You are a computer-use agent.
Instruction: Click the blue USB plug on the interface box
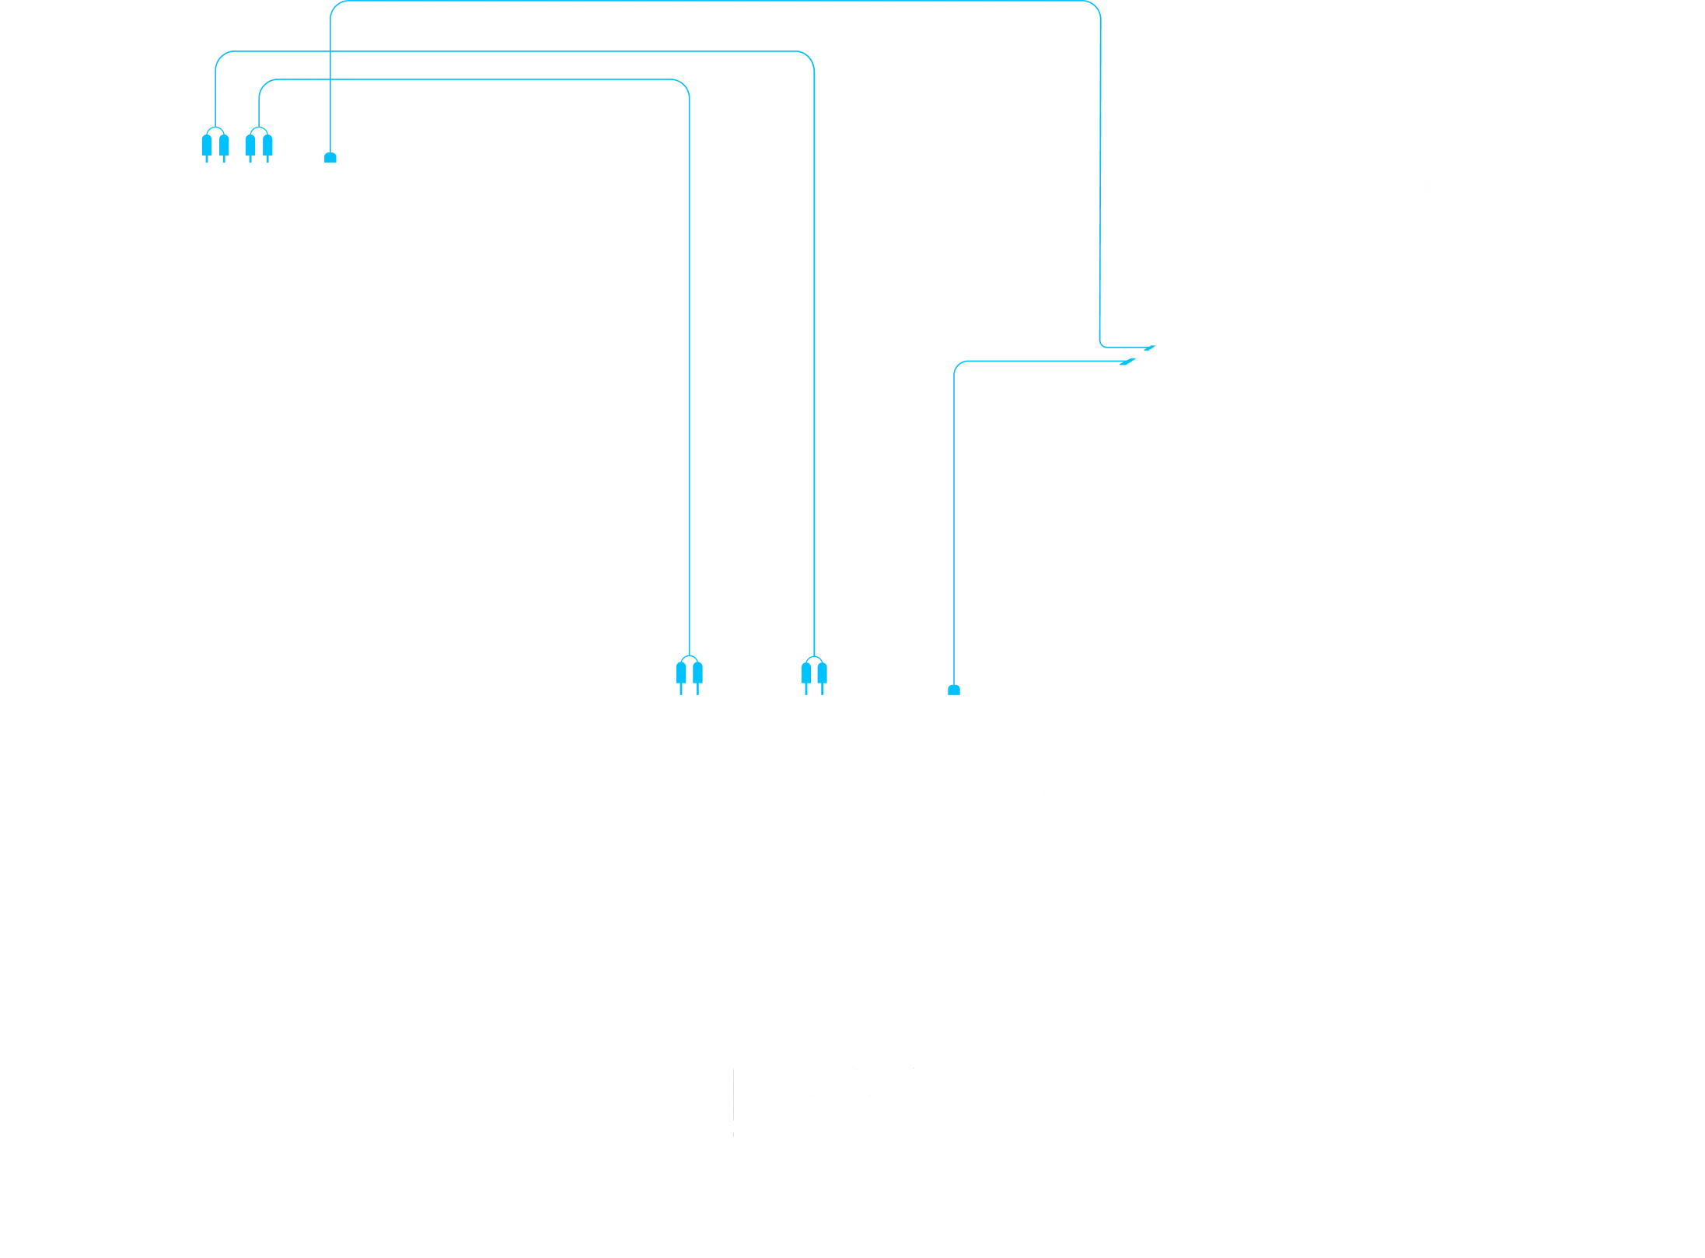point(331,157)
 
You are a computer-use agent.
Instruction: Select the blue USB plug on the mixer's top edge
point(954,689)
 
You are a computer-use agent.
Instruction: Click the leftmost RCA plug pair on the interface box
point(215,144)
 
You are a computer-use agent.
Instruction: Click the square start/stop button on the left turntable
point(558,1186)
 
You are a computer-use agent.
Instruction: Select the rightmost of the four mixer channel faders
point(914,1105)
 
